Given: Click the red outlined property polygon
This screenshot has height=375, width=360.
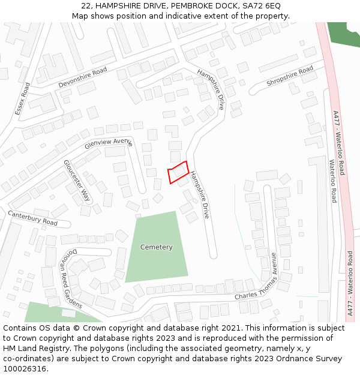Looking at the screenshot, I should tap(178, 172).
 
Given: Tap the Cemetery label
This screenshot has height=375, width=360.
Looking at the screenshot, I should tap(156, 247).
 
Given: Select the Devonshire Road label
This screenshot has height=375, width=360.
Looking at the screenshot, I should tap(83, 78).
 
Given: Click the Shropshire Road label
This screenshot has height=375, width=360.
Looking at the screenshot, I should tap(290, 76).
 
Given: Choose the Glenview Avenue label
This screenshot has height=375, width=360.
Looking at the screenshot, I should tap(109, 143).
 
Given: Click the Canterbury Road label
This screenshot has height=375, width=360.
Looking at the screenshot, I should tap(32, 218).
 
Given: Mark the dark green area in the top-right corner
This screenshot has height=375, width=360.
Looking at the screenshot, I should tap(345, 33).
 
